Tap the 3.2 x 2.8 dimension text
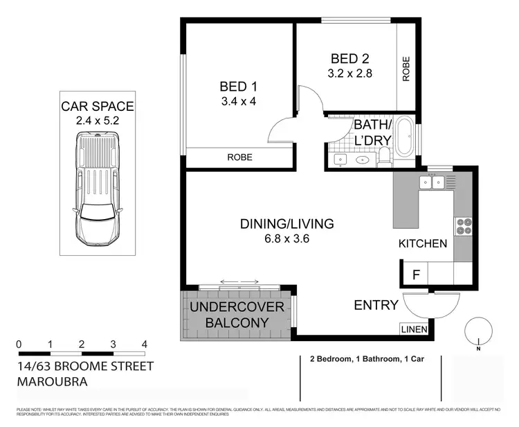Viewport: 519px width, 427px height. [351, 72]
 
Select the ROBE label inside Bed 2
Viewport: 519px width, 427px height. [406, 69]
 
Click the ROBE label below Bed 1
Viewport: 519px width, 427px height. [239, 157]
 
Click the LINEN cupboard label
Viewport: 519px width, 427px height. [414, 329]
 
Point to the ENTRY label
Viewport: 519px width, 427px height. [376, 305]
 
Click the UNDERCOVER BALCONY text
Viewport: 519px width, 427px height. [238, 315]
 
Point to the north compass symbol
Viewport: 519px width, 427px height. [477, 330]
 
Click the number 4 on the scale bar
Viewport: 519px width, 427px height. [144, 344]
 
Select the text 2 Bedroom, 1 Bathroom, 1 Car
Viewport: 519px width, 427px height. [368, 359]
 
